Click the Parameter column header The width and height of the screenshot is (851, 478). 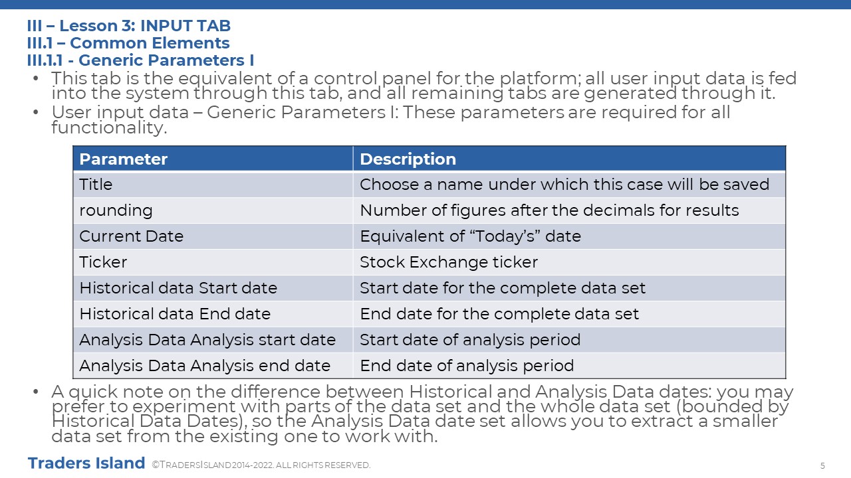click(x=123, y=159)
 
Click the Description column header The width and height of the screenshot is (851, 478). click(x=408, y=159)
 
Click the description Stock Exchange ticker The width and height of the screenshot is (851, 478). click(x=449, y=262)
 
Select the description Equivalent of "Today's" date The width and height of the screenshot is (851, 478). click(x=471, y=236)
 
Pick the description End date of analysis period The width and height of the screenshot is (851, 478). click(x=467, y=366)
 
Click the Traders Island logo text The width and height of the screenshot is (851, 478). click(x=86, y=463)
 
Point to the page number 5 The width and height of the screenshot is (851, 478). click(x=822, y=465)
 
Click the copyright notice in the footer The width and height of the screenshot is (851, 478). click(x=261, y=465)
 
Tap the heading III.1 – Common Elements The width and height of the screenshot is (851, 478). click(x=128, y=43)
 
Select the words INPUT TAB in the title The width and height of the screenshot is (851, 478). click(x=185, y=26)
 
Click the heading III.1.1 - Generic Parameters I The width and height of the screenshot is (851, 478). click(x=140, y=60)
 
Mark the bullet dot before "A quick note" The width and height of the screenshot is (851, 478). click(x=36, y=392)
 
